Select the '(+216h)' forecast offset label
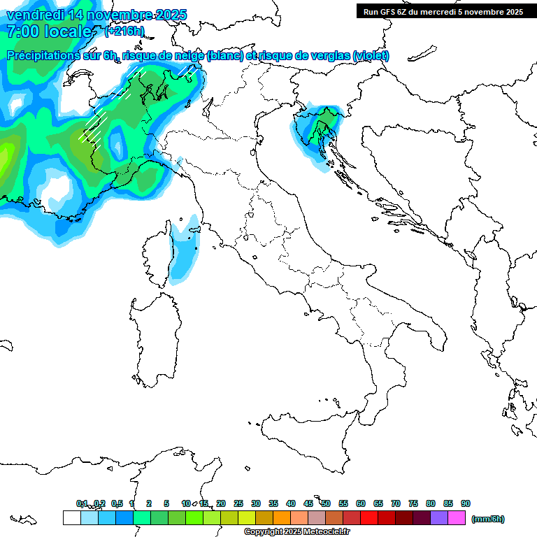coord(124,31)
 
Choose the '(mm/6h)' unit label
coord(487,519)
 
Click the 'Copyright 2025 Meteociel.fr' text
coord(296,532)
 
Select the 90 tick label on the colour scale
coord(466,503)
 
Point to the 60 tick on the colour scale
coord(361,503)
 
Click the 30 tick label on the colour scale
coord(256,503)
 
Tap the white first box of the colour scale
coord(71,517)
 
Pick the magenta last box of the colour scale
coord(457,517)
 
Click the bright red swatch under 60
coord(369,517)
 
